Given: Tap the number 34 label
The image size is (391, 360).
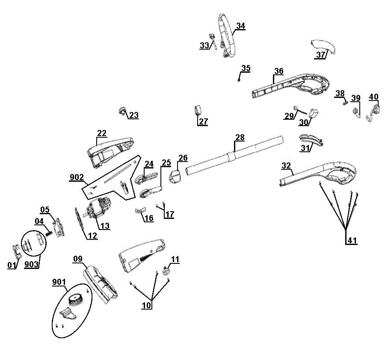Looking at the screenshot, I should point(240,26).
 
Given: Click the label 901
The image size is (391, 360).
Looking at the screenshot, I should point(58,282).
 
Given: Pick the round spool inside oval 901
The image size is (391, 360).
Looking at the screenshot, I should point(77,300).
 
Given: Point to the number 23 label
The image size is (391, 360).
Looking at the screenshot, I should point(134,115).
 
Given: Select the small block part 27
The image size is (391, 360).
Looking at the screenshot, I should point(198,110).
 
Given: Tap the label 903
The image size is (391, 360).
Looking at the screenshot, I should point(32,265).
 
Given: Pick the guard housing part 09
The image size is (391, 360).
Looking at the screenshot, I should point(101,282).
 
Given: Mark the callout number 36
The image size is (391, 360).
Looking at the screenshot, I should point(278,71).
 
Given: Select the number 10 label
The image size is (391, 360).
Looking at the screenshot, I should point(147,306).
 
